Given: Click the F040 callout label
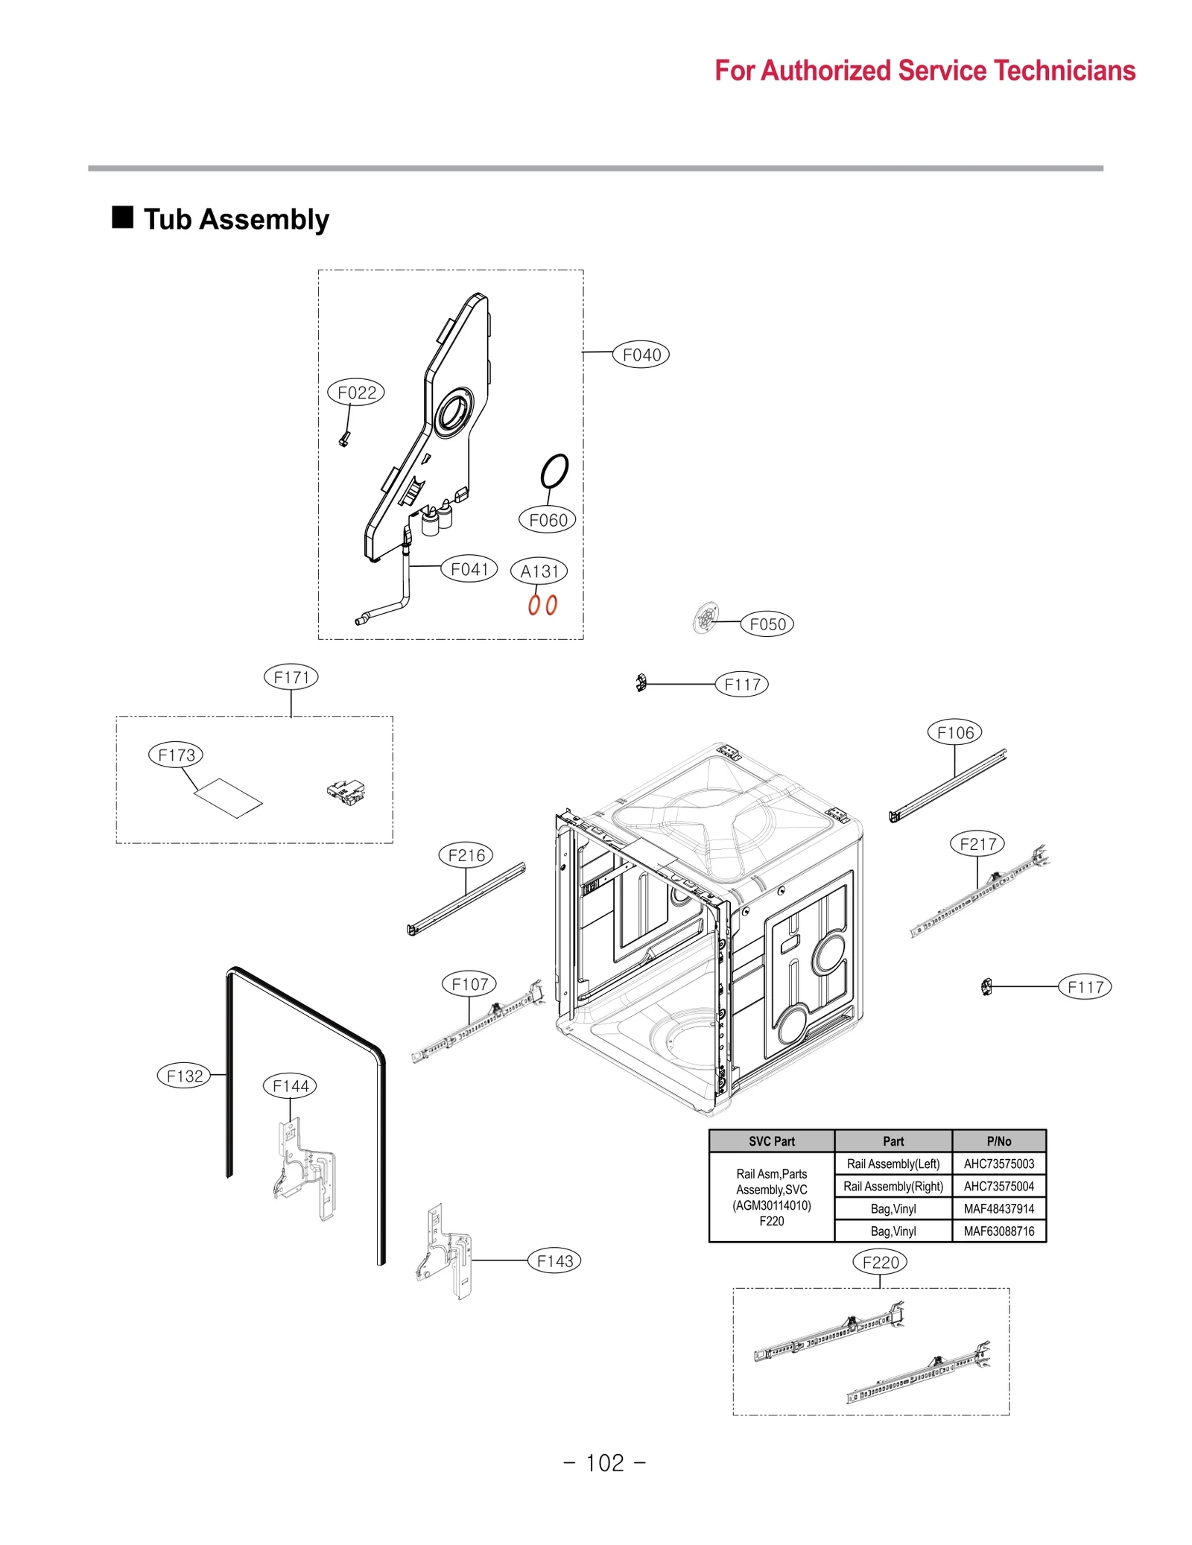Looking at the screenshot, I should tap(640, 355).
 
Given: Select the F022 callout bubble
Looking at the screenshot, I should tap(356, 392).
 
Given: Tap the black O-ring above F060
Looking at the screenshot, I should tap(554, 470).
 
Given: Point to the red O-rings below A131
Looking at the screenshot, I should tap(542, 604).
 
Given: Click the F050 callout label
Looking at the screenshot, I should tap(767, 624).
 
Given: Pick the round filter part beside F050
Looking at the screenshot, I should tap(706, 618).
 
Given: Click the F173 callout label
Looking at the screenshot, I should tap(176, 755).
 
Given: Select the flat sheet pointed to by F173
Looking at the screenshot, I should tap(228, 798).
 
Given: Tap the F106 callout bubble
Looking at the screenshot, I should tap(954, 732).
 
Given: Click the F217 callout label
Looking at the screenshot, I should tap(977, 844).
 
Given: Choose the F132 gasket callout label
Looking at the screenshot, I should tap(184, 1076).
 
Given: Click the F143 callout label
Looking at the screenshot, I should tap(554, 1260).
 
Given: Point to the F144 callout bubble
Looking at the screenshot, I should tap(290, 1085).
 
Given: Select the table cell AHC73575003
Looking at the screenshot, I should tap(998, 1164).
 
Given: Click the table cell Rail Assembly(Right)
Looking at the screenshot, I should tap(893, 1186).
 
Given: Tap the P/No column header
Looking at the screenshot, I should tap(998, 1141).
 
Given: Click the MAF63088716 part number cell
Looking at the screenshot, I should tap(998, 1231).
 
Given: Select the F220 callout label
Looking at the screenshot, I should tap(879, 1262).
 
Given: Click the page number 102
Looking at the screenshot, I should tap(604, 1463).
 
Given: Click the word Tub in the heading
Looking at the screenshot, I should tap(168, 220).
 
